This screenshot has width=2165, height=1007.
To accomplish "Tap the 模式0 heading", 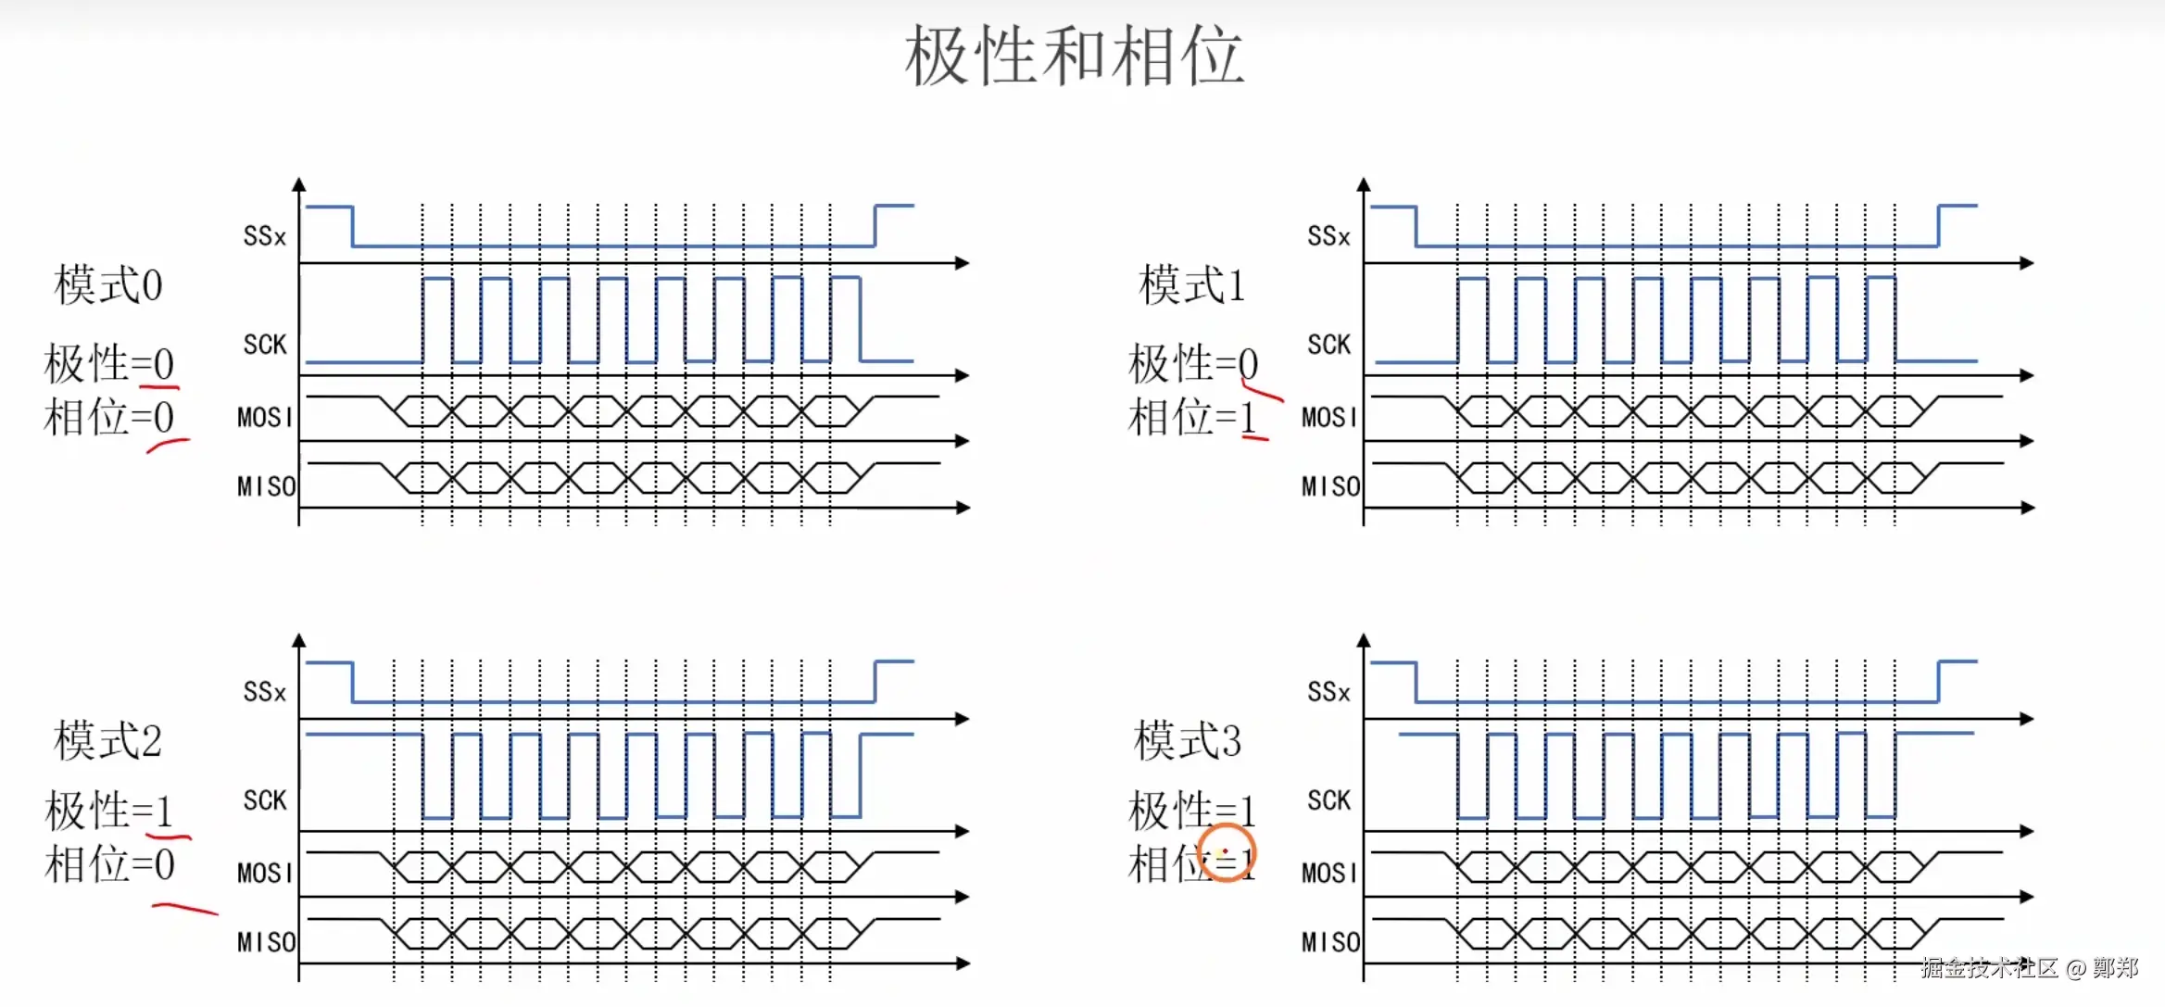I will tap(108, 284).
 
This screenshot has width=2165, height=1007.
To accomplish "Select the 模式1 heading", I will tap(1191, 284).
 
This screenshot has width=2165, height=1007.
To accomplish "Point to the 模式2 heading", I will tap(108, 740).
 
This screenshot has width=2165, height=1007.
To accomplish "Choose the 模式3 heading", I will tap(1188, 740).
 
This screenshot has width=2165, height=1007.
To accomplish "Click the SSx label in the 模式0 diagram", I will tap(265, 236).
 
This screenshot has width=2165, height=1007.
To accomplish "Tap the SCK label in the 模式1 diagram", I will tap(1329, 345).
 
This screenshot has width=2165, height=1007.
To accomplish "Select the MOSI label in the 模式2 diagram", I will tap(265, 873).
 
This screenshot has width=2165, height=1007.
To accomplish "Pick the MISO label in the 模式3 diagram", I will tap(1330, 942).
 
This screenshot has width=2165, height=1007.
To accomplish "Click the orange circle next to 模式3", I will tap(1227, 852).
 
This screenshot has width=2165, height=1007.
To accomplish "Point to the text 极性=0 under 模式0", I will tap(109, 363).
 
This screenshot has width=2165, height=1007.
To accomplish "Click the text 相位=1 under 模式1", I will tap(1192, 417).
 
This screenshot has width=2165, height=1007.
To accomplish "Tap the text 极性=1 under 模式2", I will tap(109, 811).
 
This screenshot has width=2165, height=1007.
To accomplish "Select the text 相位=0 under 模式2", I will tap(109, 864).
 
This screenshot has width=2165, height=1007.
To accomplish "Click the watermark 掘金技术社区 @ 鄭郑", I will tap(2029, 968).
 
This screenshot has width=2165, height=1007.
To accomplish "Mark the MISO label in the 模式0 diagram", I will tap(266, 486).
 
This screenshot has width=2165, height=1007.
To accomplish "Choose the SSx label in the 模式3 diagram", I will tap(1329, 692).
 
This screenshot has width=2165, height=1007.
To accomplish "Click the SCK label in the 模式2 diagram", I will tap(265, 800).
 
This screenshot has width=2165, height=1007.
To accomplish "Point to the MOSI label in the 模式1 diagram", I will tap(1329, 417).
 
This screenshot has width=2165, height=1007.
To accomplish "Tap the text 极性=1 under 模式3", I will tap(1192, 811).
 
